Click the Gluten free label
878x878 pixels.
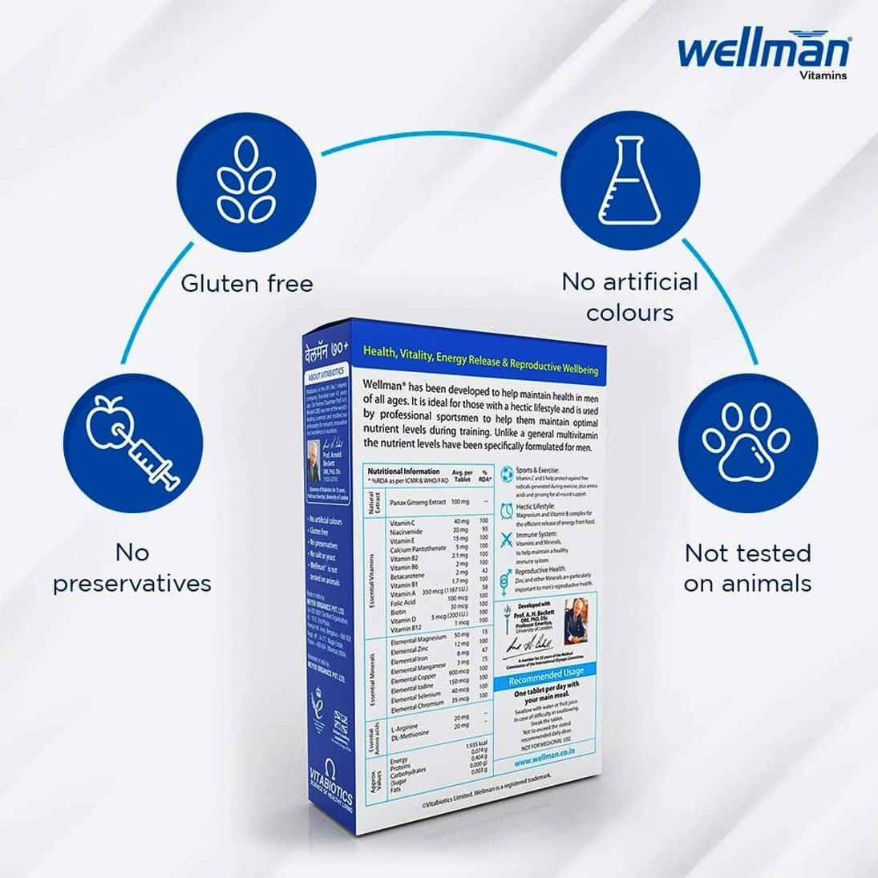pyautogui.click(x=246, y=283)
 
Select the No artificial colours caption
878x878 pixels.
pyautogui.click(x=629, y=297)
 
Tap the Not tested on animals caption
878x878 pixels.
pyautogui.click(x=747, y=568)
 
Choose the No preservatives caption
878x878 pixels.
pyautogui.click(x=132, y=568)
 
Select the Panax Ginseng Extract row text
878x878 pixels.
pyautogui.click(x=417, y=501)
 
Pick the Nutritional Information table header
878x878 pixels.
pyautogui.click(x=404, y=471)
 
